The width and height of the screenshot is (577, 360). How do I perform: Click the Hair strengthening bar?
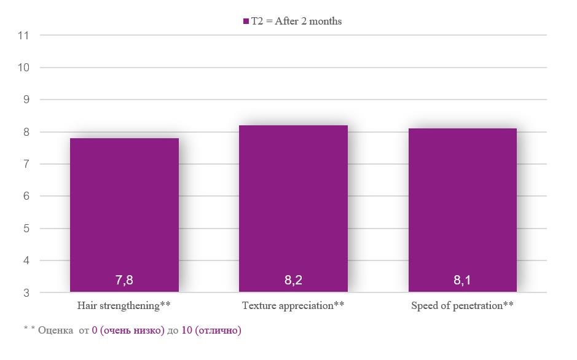tap(124, 215)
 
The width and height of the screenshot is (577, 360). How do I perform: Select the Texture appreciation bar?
tap(293, 208)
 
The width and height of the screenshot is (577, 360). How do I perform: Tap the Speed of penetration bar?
tap(463, 210)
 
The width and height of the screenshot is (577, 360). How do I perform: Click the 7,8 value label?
tap(124, 280)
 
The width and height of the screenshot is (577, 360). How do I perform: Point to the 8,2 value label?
tap(293, 280)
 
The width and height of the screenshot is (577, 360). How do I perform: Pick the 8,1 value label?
tap(462, 280)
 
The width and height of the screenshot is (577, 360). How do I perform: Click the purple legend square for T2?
tap(246, 22)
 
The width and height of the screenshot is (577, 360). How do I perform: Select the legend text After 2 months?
tap(308, 21)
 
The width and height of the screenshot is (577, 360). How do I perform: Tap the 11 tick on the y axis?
tap(23, 35)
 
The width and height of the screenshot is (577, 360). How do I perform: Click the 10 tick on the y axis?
tap(23, 68)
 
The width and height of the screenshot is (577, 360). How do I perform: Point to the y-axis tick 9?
tap(26, 100)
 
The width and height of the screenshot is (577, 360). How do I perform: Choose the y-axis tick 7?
tap(26, 164)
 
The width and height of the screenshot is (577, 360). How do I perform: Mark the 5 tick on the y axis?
tap(26, 229)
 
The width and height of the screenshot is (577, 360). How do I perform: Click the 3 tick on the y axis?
tap(26, 293)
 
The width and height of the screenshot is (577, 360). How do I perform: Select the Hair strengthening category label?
tap(124, 305)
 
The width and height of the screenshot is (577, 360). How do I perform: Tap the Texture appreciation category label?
tap(293, 305)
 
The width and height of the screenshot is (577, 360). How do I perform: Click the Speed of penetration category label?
tap(463, 305)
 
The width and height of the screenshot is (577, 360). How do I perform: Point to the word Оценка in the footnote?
tap(55, 331)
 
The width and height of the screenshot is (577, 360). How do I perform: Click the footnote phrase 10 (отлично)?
tap(211, 331)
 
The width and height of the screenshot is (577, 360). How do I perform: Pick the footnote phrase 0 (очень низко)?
tap(128, 331)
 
